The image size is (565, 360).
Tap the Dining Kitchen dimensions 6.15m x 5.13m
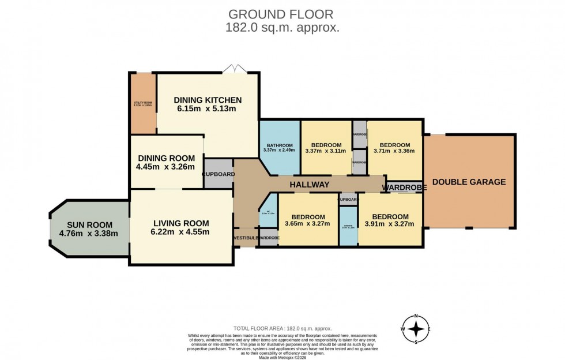pos(208,109)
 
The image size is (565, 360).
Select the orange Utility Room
pos(142,104)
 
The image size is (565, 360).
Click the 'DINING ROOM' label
pos(166,158)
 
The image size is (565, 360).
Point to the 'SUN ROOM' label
pos(89,224)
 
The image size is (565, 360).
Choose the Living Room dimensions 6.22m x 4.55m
pos(180,232)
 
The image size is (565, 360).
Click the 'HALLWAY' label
pos(309,185)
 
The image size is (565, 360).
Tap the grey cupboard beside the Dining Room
pos(218,174)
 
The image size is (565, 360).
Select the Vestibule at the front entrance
pos(245,238)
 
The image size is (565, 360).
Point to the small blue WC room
pos(269,214)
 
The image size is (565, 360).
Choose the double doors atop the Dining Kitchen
pos(235,70)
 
